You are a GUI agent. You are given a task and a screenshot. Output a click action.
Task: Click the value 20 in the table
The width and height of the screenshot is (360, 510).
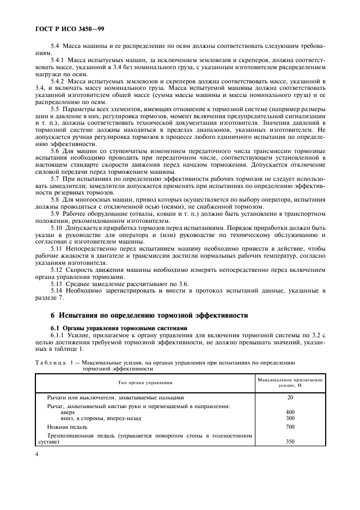[290, 397]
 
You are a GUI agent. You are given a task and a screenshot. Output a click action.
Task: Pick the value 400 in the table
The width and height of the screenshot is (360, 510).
[290, 412]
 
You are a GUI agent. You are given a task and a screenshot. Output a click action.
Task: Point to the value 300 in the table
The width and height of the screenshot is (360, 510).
[290, 418]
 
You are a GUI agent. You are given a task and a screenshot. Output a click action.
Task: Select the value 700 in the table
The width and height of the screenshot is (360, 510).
[290, 427]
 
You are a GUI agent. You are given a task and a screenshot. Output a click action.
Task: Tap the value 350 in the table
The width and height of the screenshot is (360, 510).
[290, 442]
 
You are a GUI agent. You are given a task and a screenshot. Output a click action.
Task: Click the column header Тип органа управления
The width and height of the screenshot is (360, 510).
[145, 383]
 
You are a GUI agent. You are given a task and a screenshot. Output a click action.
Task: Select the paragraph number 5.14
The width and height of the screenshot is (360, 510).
[57, 291]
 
